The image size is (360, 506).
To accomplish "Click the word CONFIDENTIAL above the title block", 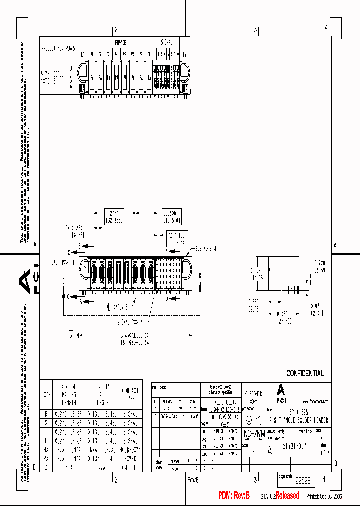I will pyautogui.click(x=305, y=373).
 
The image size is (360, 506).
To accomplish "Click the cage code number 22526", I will pyautogui.click(x=302, y=480).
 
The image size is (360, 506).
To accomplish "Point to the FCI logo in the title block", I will pyautogui.click(x=281, y=393).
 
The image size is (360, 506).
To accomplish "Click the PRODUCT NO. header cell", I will pyautogui.click(x=52, y=49).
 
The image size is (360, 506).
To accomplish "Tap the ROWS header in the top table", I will pyautogui.click(x=71, y=49).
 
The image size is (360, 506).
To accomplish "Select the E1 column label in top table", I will pyautogui.click(x=83, y=54).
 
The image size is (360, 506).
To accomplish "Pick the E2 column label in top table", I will pyautogui.click(x=184, y=54).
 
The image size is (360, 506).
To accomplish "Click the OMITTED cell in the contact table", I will pyautogui.click(x=129, y=468).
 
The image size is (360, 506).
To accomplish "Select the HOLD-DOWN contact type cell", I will pyautogui.click(x=129, y=449).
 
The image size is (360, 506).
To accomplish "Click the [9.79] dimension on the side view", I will pyautogui.click(x=254, y=308).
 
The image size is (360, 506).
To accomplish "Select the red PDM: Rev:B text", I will pyautogui.click(x=234, y=495).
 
